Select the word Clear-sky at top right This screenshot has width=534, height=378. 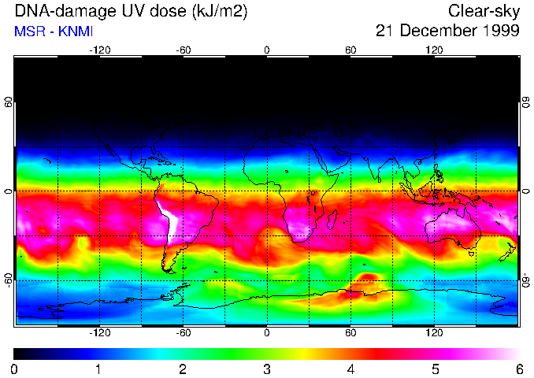(484, 11)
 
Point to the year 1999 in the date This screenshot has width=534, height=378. (499, 31)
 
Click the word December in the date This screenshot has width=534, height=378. (436, 31)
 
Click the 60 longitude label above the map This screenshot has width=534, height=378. (350, 50)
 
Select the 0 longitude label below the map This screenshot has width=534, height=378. (267, 332)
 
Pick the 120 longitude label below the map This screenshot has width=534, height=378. (434, 332)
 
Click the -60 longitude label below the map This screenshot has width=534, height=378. (184, 332)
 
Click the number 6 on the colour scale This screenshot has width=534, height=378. (518, 369)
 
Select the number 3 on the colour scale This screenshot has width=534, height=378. (267, 369)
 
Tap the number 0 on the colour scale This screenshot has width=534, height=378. (15, 369)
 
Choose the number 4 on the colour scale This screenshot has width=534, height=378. (350, 369)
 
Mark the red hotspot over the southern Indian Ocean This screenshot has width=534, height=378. (367, 280)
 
